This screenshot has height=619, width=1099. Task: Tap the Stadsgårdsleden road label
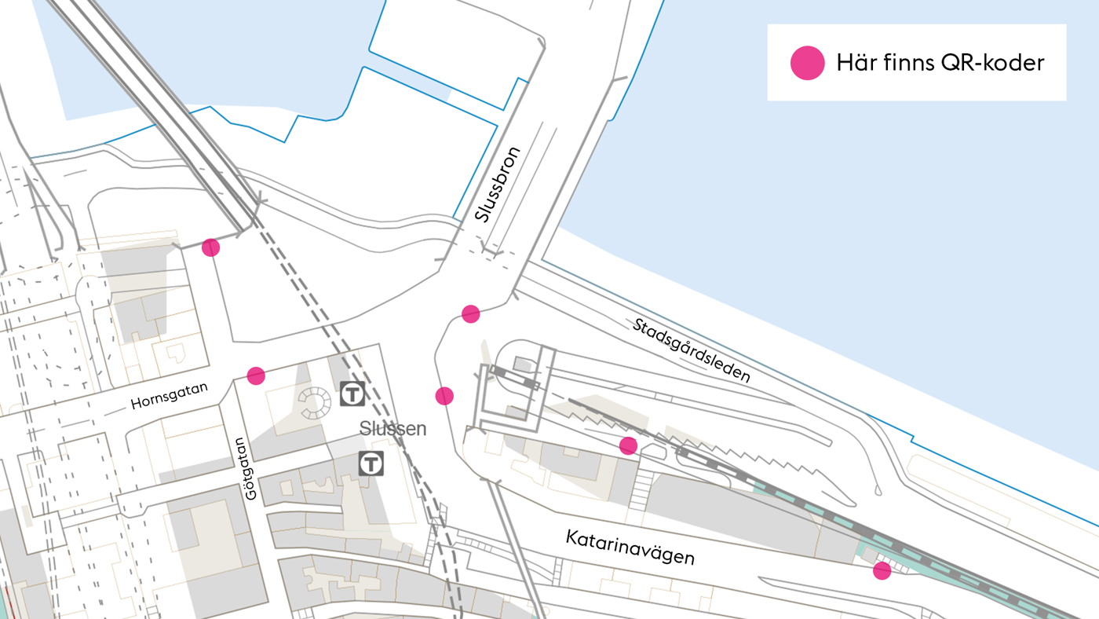(x=691, y=350)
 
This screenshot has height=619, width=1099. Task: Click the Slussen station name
(x=392, y=429)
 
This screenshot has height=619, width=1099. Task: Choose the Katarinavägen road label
(x=630, y=547)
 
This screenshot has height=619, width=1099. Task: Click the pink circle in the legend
(x=807, y=63)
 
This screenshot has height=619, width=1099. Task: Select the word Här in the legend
(x=854, y=63)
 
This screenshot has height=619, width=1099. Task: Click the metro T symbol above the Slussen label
(x=352, y=394)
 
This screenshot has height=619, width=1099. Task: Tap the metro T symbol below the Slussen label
(x=371, y=463)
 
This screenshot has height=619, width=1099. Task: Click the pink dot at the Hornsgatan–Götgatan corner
(x=256, y=375)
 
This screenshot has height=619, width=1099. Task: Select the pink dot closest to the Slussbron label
(x=470, y=314)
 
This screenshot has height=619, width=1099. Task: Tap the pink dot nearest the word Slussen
(x=444, y=396)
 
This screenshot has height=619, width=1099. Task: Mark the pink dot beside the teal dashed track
(x=882, y=570)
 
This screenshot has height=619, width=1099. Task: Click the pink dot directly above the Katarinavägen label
(x=628, y=446)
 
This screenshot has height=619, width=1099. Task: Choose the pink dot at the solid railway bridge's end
(x=210, y=247)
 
